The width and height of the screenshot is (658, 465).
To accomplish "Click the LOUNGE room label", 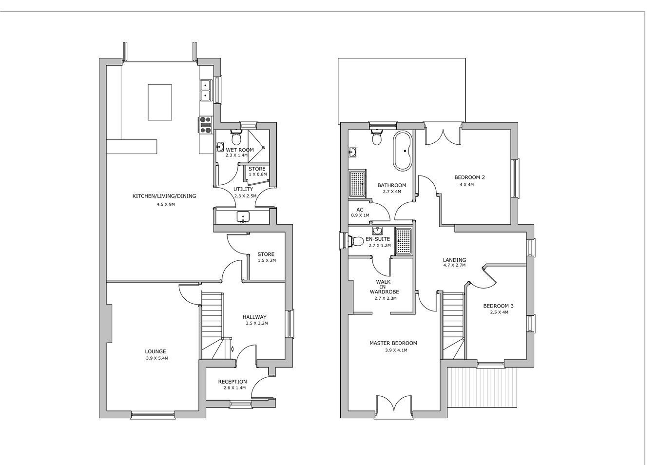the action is pos(155,351).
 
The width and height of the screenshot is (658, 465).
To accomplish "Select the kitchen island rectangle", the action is pos(160,102).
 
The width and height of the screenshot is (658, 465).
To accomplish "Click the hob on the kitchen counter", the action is pos(206,125).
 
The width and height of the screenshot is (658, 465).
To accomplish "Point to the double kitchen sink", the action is pos(206,90).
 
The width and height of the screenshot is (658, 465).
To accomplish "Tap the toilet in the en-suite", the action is pos(356,241).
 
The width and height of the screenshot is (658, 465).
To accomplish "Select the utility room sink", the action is pos(243,217).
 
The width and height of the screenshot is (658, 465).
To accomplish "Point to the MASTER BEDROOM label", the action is pos(393,343).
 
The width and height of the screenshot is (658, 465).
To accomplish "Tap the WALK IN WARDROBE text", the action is pos(384,287).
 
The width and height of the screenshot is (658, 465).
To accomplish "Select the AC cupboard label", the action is pos(360,210).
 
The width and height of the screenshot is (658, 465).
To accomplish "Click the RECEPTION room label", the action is pos(232,382).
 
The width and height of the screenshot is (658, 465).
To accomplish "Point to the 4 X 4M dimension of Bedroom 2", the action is pos(466,185).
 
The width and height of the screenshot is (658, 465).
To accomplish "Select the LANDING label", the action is pos(454,260).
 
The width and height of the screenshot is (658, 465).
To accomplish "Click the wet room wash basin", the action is pos(220,147).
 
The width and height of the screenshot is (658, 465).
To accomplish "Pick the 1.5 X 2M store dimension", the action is pos(267,260).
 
